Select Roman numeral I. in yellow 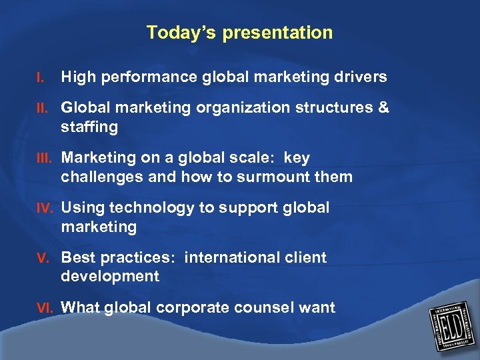41,79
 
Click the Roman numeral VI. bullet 45,308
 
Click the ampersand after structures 383,108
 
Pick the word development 110,277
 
